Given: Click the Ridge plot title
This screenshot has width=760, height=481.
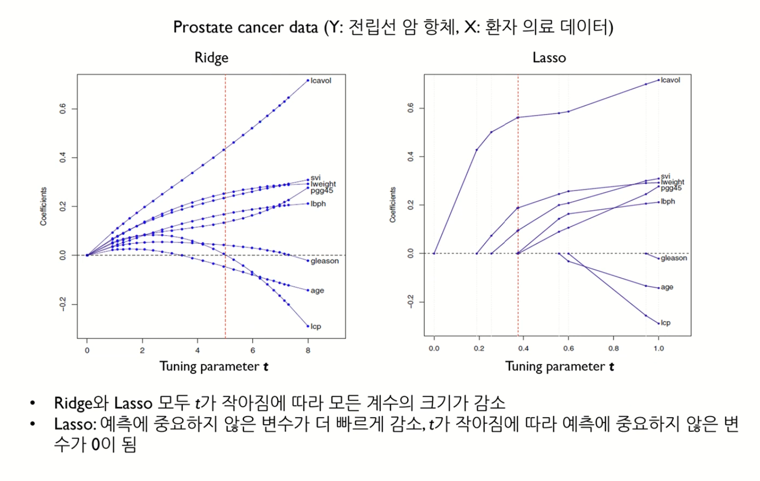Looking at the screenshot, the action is pyautogui.click(x=211, y=57).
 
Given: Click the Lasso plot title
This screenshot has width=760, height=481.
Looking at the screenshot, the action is pyautogui.click(x=549, y=57).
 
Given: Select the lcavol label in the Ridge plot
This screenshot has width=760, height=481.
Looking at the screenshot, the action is pyautogui.click(x=321, y=80).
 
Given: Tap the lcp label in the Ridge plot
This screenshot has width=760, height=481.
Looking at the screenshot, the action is pyautogui.click(x=316, y=327).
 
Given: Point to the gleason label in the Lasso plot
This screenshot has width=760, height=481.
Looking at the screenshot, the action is pyautogui.click(x=674, y=258).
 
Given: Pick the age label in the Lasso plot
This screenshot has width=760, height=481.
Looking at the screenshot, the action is pyautogui.click(x=667, y=287).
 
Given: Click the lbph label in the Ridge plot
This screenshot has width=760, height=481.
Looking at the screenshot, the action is pyautogui.click(x=318, y=203).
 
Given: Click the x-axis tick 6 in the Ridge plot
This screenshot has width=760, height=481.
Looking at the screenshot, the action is pyautogui.click(x=253, y=350).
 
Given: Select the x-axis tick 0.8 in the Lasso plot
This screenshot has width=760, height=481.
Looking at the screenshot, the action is pyautogui.click(x=614, y=348).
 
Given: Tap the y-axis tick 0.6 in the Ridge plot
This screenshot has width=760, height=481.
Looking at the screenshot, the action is pyautogui.click(x=63, y=109).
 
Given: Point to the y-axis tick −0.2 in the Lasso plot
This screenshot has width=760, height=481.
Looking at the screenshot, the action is pyautogui.click(x=410, y=302).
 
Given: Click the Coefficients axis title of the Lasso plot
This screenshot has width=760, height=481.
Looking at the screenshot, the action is pyautogui.click(x=393, y=205).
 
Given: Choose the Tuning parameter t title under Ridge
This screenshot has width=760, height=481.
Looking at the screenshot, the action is pyautogui.click(x=214, y=367).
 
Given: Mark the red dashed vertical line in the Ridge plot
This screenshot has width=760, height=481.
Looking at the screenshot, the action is pyautogui.click(x=225, y=206).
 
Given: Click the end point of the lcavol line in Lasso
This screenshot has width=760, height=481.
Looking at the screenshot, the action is pyautogui.click(x=658, y=80).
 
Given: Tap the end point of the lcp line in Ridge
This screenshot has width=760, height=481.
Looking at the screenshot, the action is pyautogui.click(x=308, y=326).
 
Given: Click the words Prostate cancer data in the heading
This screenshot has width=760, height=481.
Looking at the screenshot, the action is pyautogui.click(x=246, y=27).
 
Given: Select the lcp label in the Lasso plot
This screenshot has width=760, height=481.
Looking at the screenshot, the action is pyautogui.click(x=666, y=323).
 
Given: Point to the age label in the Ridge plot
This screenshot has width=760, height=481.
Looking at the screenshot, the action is pyautogui.click(x=317, y=291).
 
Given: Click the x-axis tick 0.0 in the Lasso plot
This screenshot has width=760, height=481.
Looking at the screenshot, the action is pyautogui.click(x=434, y=348).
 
